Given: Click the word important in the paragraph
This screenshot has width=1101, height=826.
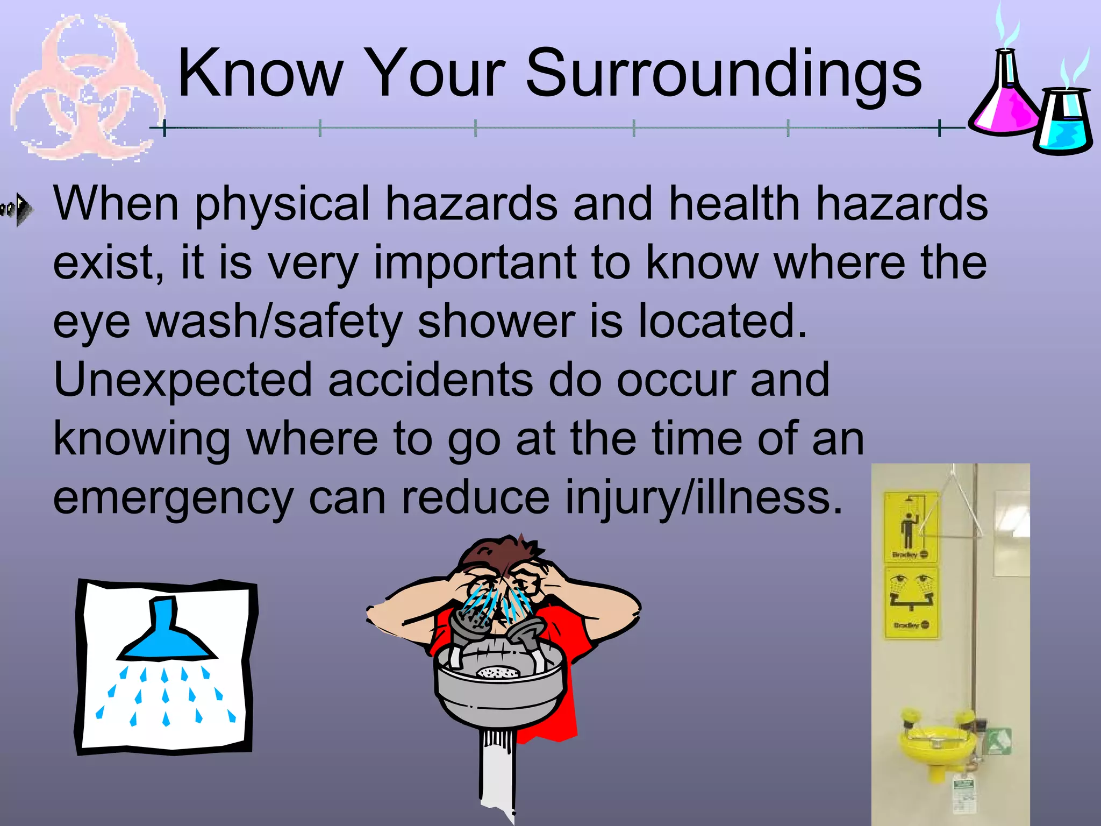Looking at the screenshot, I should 475,264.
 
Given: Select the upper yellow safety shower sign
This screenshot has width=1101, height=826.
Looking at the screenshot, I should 911,527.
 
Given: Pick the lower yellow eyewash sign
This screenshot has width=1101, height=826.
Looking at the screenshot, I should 912,602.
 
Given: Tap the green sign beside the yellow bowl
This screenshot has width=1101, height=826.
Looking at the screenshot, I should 999,742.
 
